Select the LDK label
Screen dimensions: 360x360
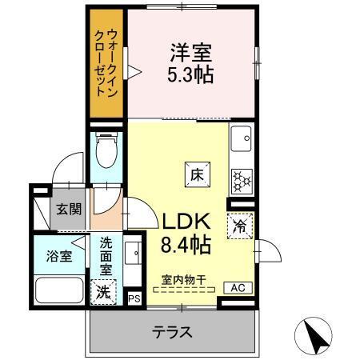click(x=186, y=221)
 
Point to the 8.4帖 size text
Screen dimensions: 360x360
click(x=187, y=244)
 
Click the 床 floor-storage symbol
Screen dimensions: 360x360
click(x=196, y=172)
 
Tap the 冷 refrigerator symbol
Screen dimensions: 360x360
click(x=240, y=226)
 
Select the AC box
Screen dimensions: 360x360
click(x=238, y=287)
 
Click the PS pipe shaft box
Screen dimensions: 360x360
click(x=134, y=298)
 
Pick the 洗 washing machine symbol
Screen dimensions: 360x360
click(x=103, y=292)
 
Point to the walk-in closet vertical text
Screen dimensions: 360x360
click(x=106, y=64)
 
